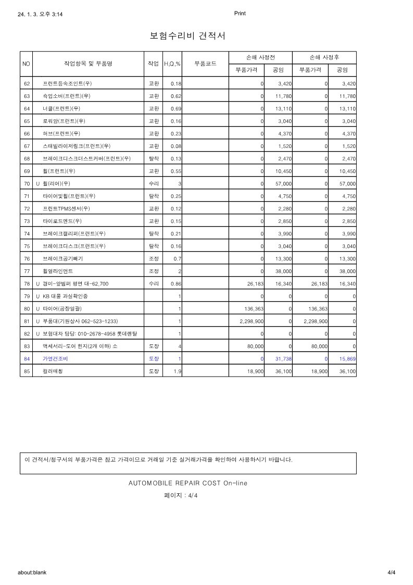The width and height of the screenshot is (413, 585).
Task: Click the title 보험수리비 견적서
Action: pyautogui.click(x=187, y=36)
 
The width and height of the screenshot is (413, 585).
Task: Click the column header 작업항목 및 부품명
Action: pyautogui.click(x=88, y=64)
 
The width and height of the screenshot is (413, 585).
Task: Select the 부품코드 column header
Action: pyautogui.click(x=205, y=64)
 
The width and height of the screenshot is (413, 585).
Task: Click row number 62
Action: pyautogui.click(x=27, y=83)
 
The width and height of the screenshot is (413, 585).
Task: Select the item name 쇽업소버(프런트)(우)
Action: pyautogui.click(x=67, y=96)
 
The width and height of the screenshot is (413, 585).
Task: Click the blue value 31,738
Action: pyautogui.click(x=282, y=359)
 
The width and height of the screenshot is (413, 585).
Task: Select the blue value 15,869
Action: pyautogui.click(x=345, y=359)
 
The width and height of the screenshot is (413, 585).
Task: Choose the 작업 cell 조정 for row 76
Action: pyautogui.click(x=154, y=259)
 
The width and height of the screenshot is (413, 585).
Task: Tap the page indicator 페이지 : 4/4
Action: pyautogui.click(x=181, y=495)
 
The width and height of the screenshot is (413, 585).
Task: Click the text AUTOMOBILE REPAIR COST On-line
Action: pyautogui.click(x=187, y=483)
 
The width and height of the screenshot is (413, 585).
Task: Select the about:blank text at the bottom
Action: pyautogui.click(x=32, y=572)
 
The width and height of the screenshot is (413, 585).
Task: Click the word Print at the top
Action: pyautogui.click(x=240, y=14)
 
